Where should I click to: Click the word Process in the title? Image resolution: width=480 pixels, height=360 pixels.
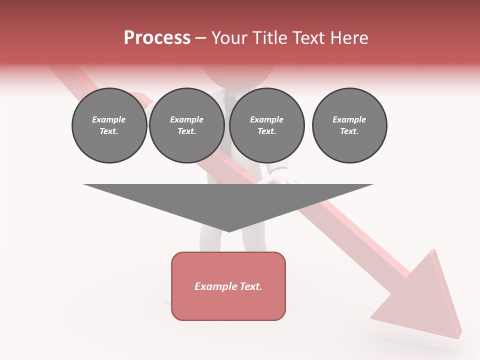click(157, 38)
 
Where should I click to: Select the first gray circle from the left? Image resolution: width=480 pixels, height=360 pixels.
click(109, 125)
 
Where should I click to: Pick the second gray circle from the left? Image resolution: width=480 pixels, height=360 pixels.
click(186, 125)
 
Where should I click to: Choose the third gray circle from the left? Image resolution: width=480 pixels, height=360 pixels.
click(266, 125)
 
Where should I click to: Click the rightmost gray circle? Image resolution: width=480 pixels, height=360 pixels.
click(349, 125)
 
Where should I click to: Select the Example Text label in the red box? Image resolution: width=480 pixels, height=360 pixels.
click(228, 286)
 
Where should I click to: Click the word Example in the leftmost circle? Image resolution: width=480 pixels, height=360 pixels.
click(109, 119)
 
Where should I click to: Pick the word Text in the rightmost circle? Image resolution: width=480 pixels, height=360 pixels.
click(349, 131)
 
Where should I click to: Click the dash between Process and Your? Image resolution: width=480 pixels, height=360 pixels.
click(200, 38)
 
